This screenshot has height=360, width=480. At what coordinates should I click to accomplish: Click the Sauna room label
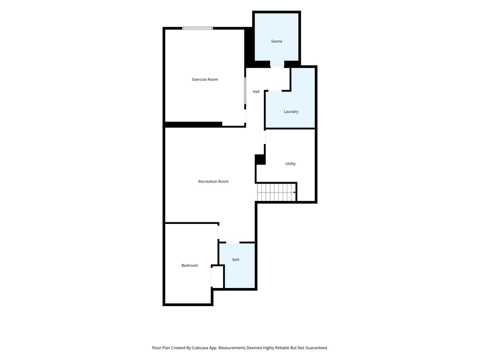276,41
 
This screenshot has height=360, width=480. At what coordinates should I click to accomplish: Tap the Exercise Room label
205,79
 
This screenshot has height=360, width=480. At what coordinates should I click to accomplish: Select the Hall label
256,91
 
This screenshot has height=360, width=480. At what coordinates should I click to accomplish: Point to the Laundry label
291,112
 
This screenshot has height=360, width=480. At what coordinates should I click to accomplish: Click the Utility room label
290,164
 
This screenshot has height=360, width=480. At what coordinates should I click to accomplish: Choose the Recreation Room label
213,181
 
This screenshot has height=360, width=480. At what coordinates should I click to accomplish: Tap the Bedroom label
190,265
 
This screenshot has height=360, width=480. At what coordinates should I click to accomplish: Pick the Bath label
236,260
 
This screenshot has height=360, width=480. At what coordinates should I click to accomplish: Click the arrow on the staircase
295,192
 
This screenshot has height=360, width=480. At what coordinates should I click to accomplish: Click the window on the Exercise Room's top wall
197,28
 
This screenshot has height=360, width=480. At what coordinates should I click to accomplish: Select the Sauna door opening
277,67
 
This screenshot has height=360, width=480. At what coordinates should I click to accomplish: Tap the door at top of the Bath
233,242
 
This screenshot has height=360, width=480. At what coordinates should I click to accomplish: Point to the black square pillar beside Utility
260,159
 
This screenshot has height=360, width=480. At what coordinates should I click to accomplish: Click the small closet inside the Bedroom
217,277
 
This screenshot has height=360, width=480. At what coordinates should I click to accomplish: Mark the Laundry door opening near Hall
275,91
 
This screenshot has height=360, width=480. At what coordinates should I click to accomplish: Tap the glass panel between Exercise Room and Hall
245,91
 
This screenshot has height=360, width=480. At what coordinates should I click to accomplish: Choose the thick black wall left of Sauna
249,48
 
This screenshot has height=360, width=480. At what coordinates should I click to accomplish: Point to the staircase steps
276,192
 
